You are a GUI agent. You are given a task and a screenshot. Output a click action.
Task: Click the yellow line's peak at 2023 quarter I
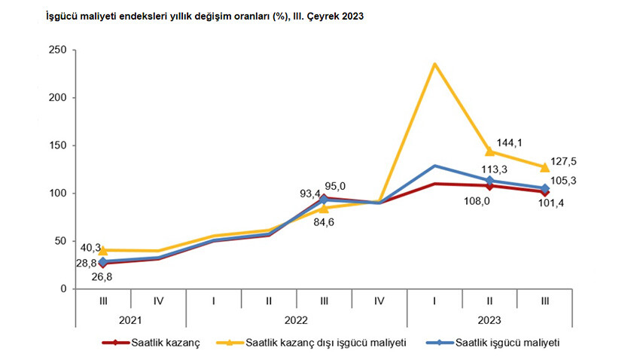click(434, 64)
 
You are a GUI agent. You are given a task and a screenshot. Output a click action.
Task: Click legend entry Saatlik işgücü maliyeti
click(510, 343)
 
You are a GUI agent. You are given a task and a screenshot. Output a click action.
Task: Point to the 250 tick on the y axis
click(58, 50)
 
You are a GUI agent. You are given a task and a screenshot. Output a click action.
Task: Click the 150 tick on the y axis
click(58, 145)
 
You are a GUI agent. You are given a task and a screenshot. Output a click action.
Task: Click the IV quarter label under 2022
click(379, 301)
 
